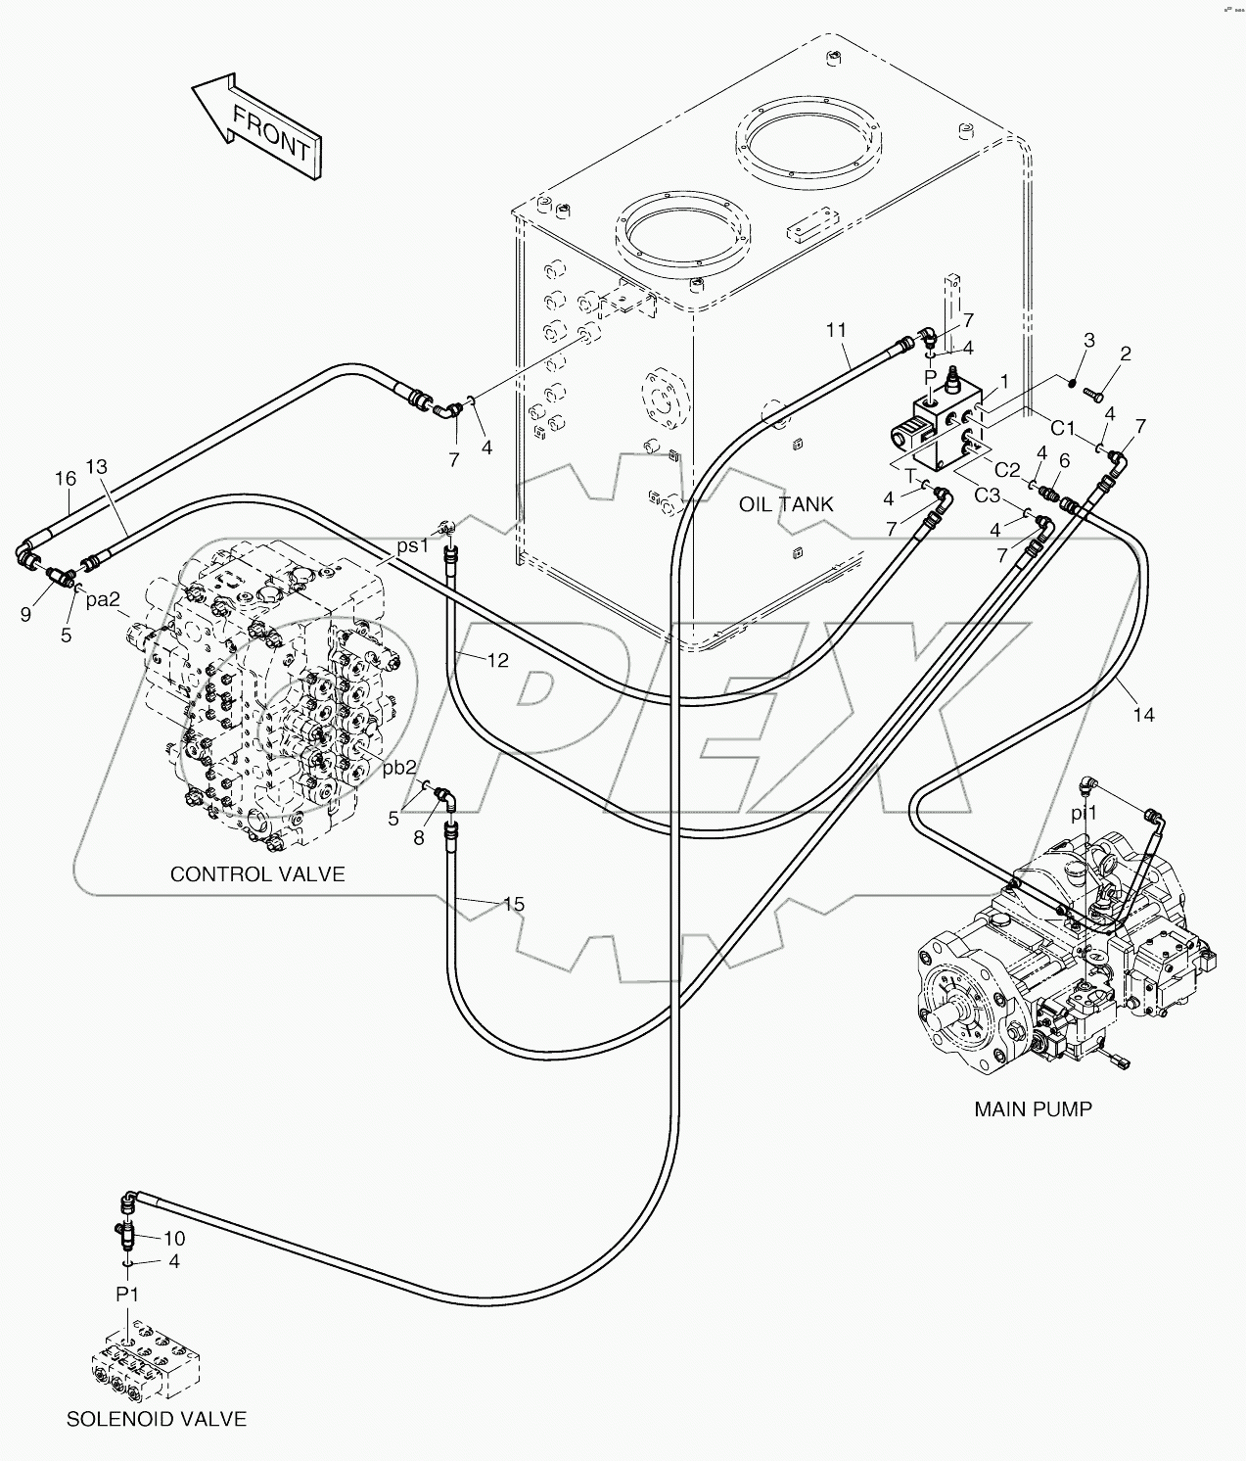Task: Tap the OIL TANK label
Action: pos(786,504)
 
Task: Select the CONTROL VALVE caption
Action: pos(257,873)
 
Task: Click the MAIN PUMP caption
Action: pos(1033,1109)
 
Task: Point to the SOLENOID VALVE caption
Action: pos(157,1419)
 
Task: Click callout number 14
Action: pos(1143,716)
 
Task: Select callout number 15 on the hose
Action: pos(514,904)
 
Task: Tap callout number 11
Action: pos(835,330)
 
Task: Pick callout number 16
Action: pos(65,479)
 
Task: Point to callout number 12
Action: pos(498,661)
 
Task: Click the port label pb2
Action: pos(399,768)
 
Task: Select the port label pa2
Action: pos(103,600)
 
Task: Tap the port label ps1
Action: pos(412,545)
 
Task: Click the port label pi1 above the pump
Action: pos(1084,813)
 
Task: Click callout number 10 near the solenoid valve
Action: pos(174,1239)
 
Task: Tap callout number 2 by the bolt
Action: pos(1126,354)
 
